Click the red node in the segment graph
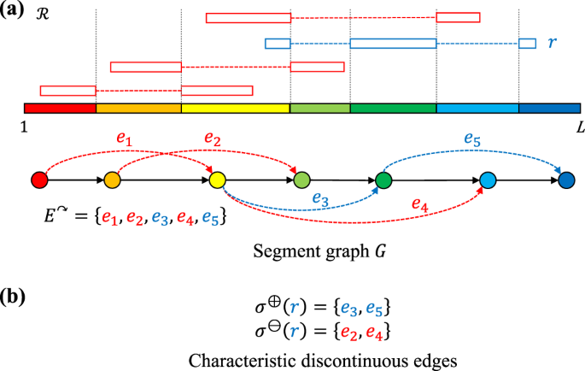[38, 180]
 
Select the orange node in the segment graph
[112, 180]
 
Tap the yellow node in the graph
[216, 180]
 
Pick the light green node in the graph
[301, 180]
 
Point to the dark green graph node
[383, 180]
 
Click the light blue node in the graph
[488, 180]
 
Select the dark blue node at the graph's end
[565, 180]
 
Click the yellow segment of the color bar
[236, 109]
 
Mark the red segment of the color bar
[60, 109]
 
